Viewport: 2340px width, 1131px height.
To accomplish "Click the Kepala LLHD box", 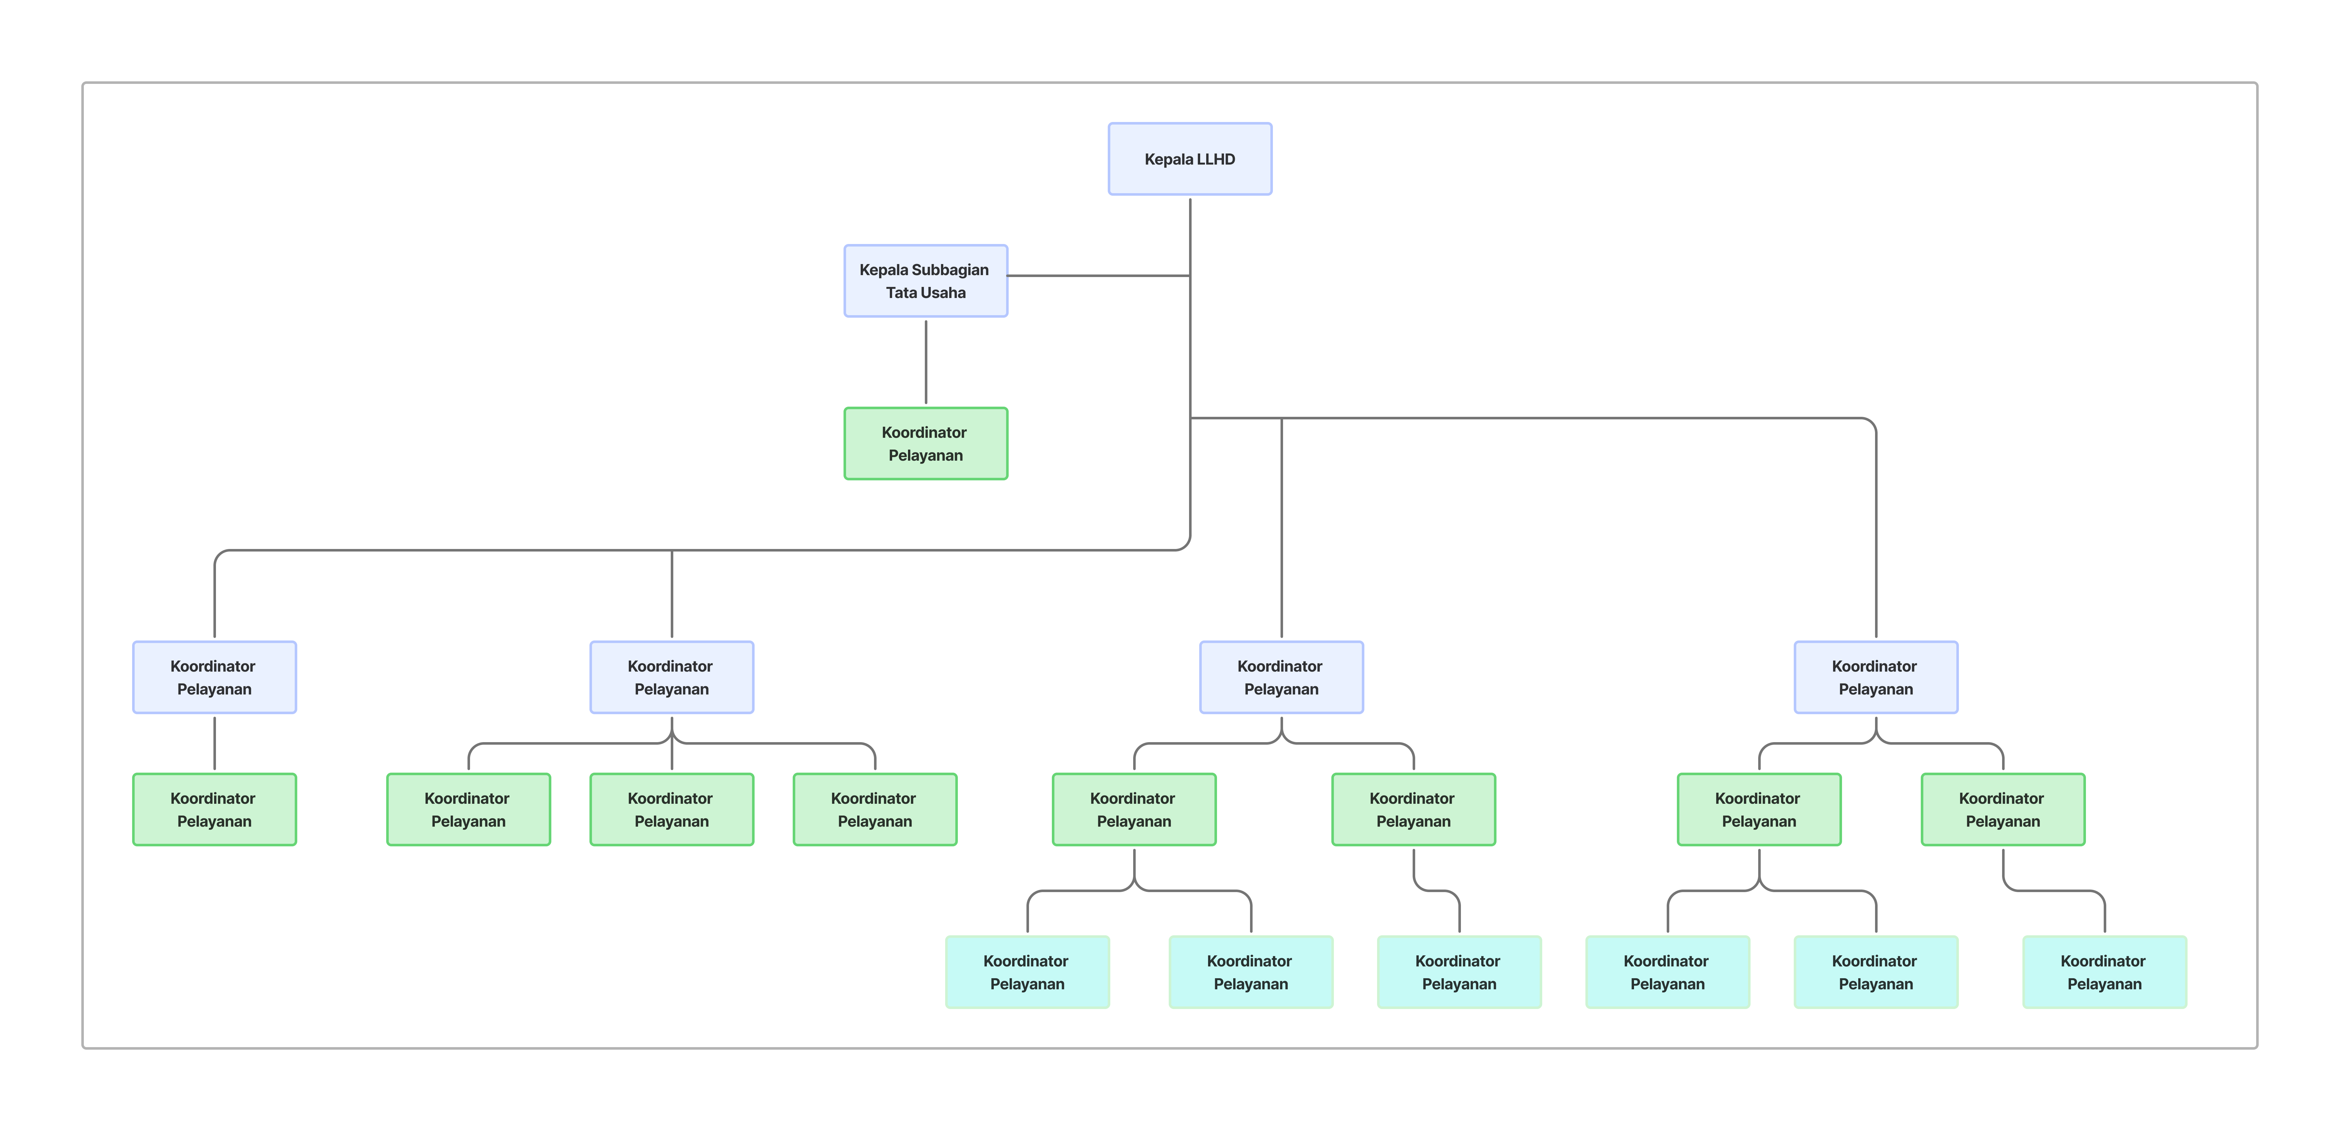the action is coord(1190,159).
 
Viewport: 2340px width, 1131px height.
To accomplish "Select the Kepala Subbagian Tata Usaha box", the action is coord(926,281).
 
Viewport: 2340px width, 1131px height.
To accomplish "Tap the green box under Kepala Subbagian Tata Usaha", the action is coord(926,443).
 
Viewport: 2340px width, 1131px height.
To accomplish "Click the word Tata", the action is coord(902,293).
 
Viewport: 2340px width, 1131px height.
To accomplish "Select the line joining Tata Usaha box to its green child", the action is coord(926,362).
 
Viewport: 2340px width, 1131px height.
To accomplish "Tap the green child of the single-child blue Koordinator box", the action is coord(214,809).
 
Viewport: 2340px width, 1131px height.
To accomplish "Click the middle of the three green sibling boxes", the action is coord(671,809).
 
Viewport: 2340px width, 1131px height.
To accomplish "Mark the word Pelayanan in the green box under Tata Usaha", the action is coord(926,455).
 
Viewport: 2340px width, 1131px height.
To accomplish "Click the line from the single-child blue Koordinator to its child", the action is coord(214,743).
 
